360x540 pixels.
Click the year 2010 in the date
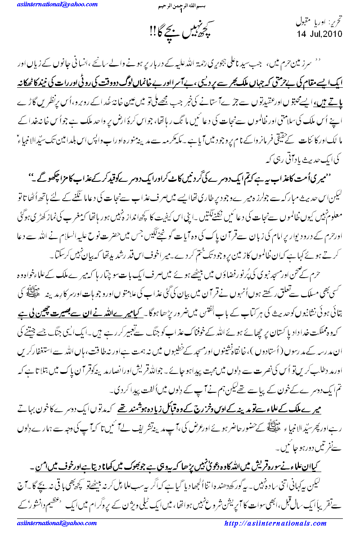332,34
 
